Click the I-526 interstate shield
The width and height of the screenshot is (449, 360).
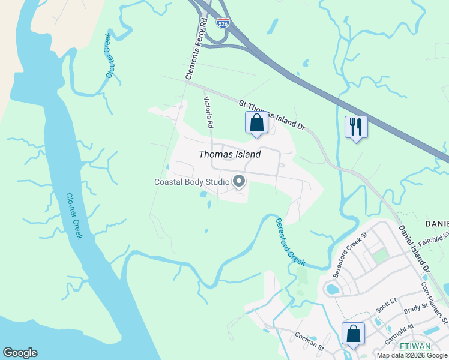click(223, 23)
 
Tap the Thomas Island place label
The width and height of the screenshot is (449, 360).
click(230, 154)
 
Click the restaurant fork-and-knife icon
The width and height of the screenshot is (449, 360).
click(356, 127)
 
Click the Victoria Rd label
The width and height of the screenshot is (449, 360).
click(208, 112)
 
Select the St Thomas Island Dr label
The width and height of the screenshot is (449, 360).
click(273, 115)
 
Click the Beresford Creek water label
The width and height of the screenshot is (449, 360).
click(290, 242)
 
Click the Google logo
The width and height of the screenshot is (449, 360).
click(20, 353)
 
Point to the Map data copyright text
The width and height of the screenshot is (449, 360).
click(412, 355)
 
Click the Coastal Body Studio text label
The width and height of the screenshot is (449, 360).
click(192, 182)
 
